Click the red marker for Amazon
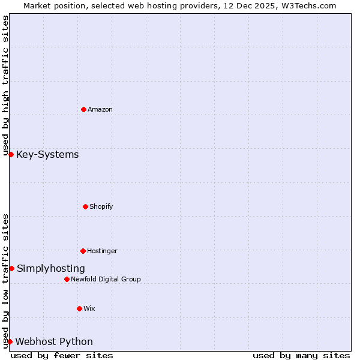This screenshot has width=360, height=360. coord(83,109)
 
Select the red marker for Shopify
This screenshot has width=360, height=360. coord(85,206)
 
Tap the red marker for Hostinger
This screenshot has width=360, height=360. coord(83,251)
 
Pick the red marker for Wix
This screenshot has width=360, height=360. coord(79,308)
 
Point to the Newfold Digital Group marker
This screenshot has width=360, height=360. coord(67,279)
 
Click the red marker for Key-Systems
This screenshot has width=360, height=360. coord(11,154)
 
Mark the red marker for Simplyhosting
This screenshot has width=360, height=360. coord(11,268)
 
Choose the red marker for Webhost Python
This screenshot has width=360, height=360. coord(10,341)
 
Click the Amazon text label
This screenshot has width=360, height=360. coord(100,109)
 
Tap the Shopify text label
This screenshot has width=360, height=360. coord(101,206)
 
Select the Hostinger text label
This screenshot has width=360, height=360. coord(102,251)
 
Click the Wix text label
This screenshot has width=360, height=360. coord(89,308)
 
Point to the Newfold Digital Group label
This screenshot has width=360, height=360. coord(106,279)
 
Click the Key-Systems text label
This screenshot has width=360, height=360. coord(47,154)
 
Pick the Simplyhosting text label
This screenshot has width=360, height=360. coord(51,268)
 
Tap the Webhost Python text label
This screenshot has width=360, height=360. coord(54,341)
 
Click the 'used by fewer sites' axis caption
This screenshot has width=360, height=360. coord(62,355)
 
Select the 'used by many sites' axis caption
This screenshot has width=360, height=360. coord(301,355)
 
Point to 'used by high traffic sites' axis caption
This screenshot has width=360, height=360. coord(5,85)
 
